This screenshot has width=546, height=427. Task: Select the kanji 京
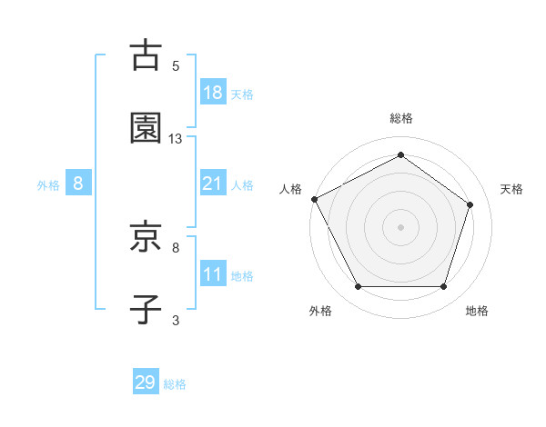tap(146, 239)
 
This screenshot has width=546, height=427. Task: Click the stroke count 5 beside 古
tap(176, 65)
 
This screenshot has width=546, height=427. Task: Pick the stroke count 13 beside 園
tap(176, 138)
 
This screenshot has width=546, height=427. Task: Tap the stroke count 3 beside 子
tap(176, 320)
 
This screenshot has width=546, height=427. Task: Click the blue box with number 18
tap(212, 93)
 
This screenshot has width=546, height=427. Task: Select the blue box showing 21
tap(212, 184)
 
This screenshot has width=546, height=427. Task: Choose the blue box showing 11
tap(212, 274)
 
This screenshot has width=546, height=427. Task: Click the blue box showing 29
tap(146, 382)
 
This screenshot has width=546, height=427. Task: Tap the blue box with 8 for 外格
tap(78, 184)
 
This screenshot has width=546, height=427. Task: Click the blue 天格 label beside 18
tap(241, 94)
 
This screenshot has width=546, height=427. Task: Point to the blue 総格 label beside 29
tap(175, 384)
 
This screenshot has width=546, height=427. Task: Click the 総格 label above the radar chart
tap(400, 118)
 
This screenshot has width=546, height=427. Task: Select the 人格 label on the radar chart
tap(290, 189)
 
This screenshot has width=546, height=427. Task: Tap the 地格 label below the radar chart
tap(477, 311)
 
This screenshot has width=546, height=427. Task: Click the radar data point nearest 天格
tap(470, 204)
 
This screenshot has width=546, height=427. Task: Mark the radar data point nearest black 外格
tap(358, 287)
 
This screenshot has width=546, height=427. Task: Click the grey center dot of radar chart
tap(400, 227)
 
